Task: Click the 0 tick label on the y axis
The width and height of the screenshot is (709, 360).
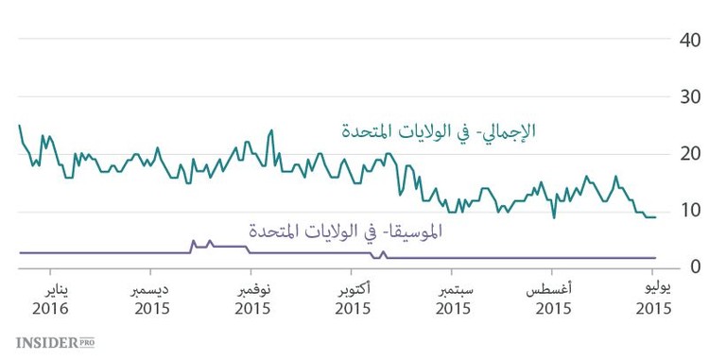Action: click(x=694, y=266)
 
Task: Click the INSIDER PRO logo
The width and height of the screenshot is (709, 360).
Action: click(x=55, y=342)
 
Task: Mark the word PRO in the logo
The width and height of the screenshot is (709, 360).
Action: click(x=86, y=341)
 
